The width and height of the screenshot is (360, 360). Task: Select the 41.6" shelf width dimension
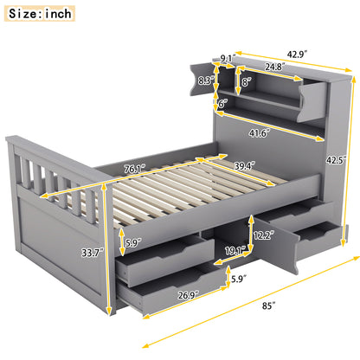click(259, 132)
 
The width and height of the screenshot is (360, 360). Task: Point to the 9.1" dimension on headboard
click(228, 58)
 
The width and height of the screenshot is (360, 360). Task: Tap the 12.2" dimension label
click(267, 235)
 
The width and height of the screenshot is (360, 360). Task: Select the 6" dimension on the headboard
click(222, 103)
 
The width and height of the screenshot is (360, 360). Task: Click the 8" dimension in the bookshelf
click(246, 83)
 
